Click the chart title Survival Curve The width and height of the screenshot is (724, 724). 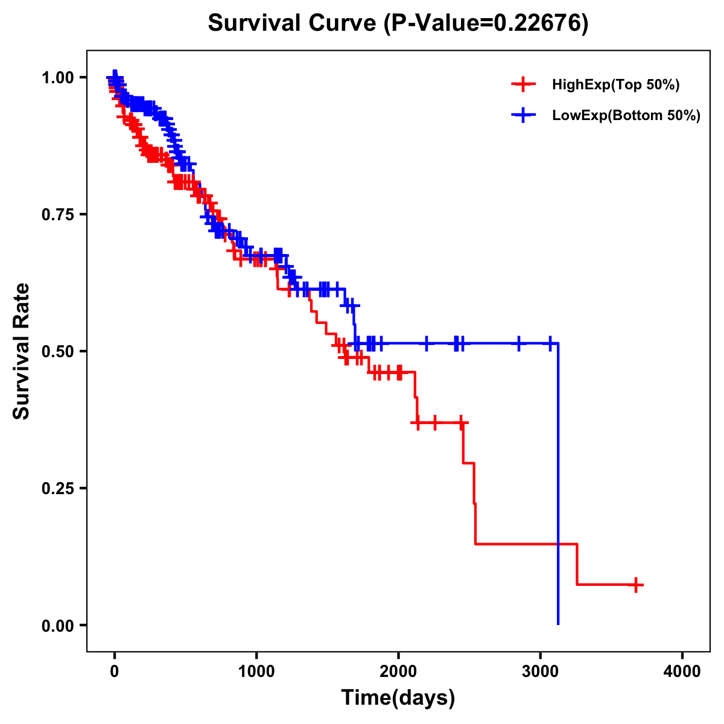coord(293,24)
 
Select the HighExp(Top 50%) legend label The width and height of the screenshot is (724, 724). coord(615,85)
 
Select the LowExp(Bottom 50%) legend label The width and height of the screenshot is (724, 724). coord(626,115)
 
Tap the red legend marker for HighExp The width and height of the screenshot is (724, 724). coord(523,85)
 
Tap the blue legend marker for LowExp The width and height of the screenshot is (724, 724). coord(523,115)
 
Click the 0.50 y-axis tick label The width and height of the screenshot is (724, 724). coord(57,351)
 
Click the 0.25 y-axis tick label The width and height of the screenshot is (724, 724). coord(57,488)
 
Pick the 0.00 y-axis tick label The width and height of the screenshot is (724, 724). coord(57,625)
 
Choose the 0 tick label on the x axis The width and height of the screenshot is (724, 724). coord(115,672)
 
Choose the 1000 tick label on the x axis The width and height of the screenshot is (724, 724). coord(256,672)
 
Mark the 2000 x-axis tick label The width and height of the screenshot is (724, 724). coord(398,672)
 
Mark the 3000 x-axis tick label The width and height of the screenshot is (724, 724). coord(541,672)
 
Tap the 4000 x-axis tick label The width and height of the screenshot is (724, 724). coord(682,672)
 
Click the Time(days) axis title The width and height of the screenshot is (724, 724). coord(398,698)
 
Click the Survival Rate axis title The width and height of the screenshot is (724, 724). coord(22,351)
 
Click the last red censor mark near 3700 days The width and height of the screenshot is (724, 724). coord(636,585)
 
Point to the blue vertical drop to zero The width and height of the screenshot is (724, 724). coord(558,483)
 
